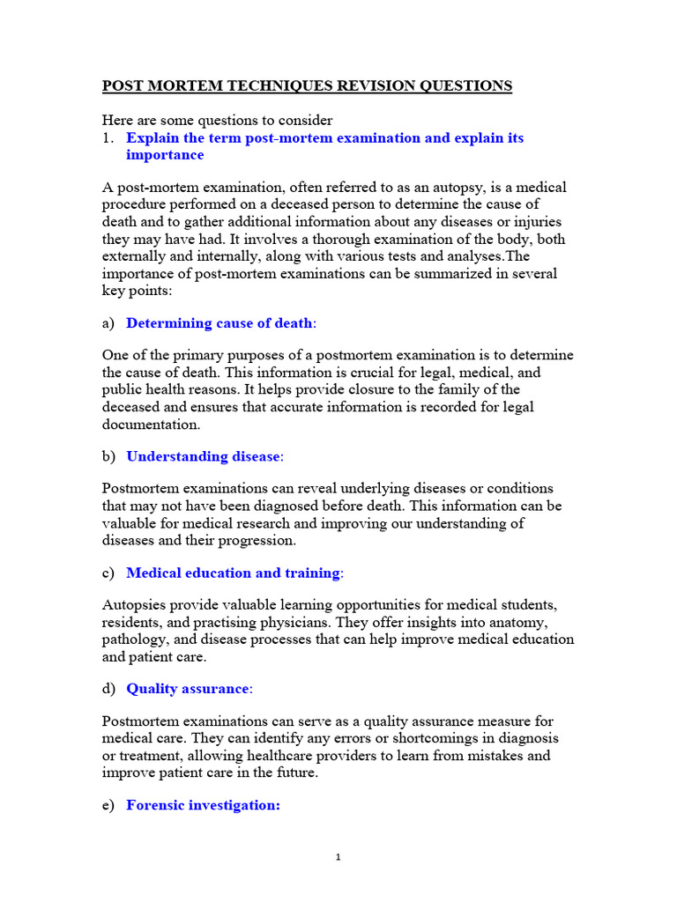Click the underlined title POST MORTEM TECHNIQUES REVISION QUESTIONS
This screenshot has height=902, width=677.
307,85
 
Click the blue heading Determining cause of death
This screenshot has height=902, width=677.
219,322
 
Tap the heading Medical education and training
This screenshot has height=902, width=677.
234,573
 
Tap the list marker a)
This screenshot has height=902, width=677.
108,322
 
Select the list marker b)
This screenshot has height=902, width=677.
108,456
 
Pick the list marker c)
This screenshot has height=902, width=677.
108,573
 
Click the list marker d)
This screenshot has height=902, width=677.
108,689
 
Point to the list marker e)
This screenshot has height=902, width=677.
108,805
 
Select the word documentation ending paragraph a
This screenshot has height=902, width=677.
150,424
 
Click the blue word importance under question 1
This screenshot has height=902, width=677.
165,155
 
